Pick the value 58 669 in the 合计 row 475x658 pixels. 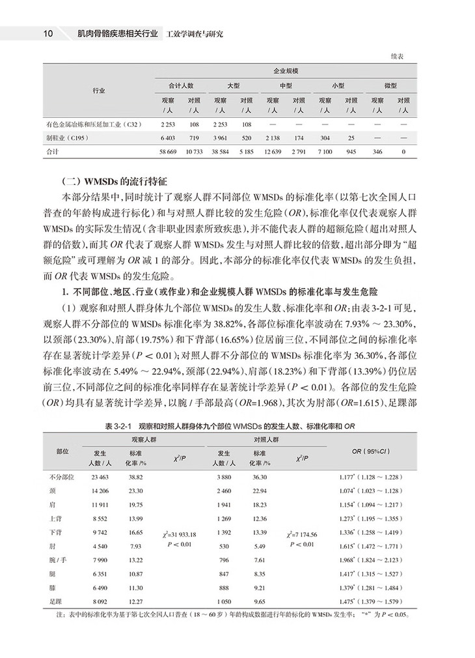(169, 151)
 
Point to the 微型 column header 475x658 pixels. (392, 85)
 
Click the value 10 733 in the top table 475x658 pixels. (194, 151)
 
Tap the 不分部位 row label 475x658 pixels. (62, 477)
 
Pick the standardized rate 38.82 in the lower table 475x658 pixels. (136, 477)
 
